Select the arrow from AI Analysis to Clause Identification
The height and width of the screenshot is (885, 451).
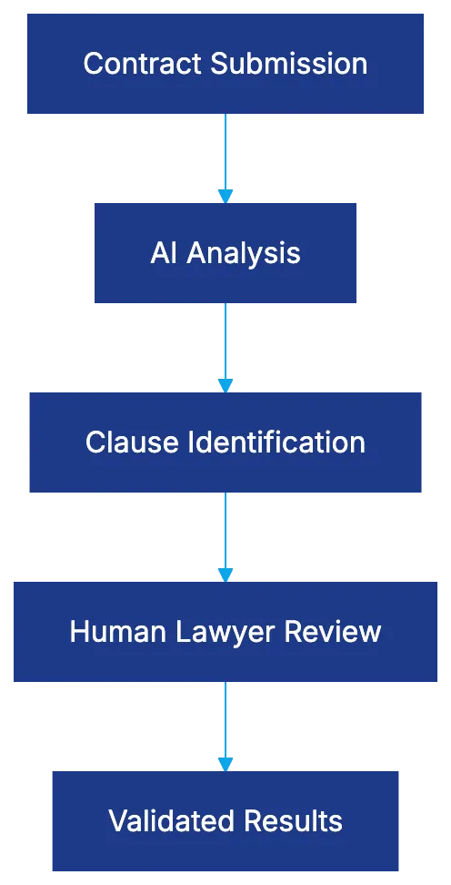click(x=225, y=348)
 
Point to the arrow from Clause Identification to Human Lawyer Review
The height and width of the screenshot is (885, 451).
click(x=225, y=537)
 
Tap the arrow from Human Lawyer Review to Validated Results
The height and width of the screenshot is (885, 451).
click(x=225, y=727)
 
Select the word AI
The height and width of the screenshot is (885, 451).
click(x=164, y=253)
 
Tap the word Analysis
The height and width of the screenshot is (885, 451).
click(x=244, y=253)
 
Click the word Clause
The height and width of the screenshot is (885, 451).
click(x=132, y=442)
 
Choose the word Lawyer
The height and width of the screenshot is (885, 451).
click(x=219, y=632)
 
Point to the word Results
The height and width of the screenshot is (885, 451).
click(x=292, y=821)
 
